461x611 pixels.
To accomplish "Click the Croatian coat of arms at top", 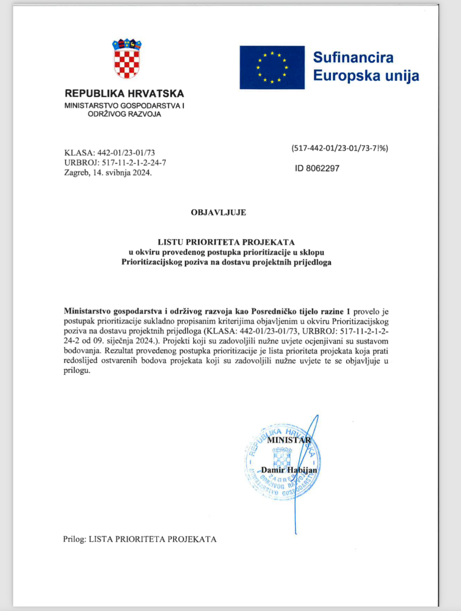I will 126,59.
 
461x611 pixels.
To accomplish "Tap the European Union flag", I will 272,67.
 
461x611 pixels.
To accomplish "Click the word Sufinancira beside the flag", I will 353,58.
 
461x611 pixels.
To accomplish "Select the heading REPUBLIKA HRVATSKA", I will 124,93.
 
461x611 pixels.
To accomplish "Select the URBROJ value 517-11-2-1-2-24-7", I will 134,162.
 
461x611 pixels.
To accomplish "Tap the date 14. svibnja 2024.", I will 122,173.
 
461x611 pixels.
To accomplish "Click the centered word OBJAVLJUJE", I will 218,212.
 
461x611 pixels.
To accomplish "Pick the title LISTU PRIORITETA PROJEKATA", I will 226,242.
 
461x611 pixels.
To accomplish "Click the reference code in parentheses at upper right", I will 340,148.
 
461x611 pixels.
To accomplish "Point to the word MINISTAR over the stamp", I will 289,440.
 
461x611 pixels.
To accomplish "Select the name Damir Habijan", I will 289,470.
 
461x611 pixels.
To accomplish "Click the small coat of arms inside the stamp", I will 282,457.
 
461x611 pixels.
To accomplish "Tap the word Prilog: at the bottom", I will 74,539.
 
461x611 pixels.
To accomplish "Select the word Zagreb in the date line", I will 76,173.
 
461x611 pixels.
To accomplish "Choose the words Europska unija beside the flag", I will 366,76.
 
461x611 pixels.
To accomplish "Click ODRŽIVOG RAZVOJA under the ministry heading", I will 124,114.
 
